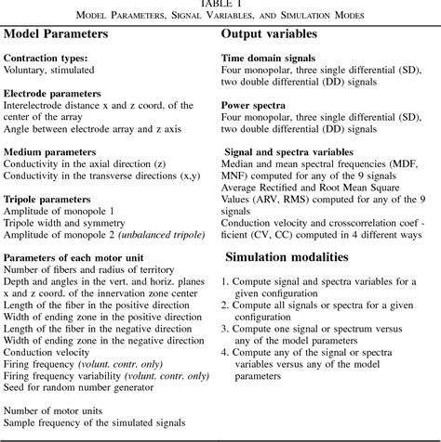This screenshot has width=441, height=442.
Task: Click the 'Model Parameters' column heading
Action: pos(55,33)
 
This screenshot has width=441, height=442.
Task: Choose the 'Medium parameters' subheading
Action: pos(49,150)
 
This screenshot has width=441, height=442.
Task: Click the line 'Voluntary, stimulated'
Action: pos(49,70)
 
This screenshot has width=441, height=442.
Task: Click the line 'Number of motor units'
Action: pos(52,409)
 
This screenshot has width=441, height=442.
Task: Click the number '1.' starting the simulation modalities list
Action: pos(225,280)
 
